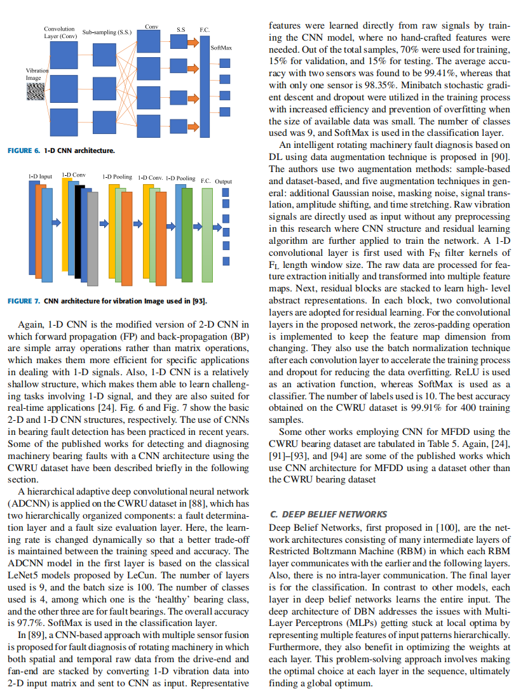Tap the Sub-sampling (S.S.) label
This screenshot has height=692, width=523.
(x=107, y=30)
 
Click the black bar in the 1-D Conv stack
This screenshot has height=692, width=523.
(x=79, y=232)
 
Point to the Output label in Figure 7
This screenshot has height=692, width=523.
(x=223, y=181)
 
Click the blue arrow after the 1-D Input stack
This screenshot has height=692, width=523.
(x=56, y=222)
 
